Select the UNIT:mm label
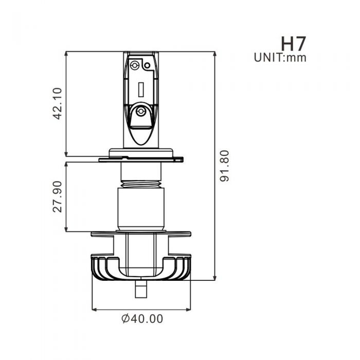pyautogui.click(x=280, y=58)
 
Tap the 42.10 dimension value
pyautogui.click(x=58, y=103)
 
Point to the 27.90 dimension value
pyautogui.click(x=58, y=196)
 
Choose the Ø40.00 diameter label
pyautogui.click(x=142, y=319)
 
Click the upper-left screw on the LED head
pyautogui.click(x=135, y=65)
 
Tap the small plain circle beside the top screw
pyautogui.click(x=147, y=65)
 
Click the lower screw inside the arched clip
pyautogui.click(x=140, y=111)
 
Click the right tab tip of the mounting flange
pyautogui.click(x=181, y=159)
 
